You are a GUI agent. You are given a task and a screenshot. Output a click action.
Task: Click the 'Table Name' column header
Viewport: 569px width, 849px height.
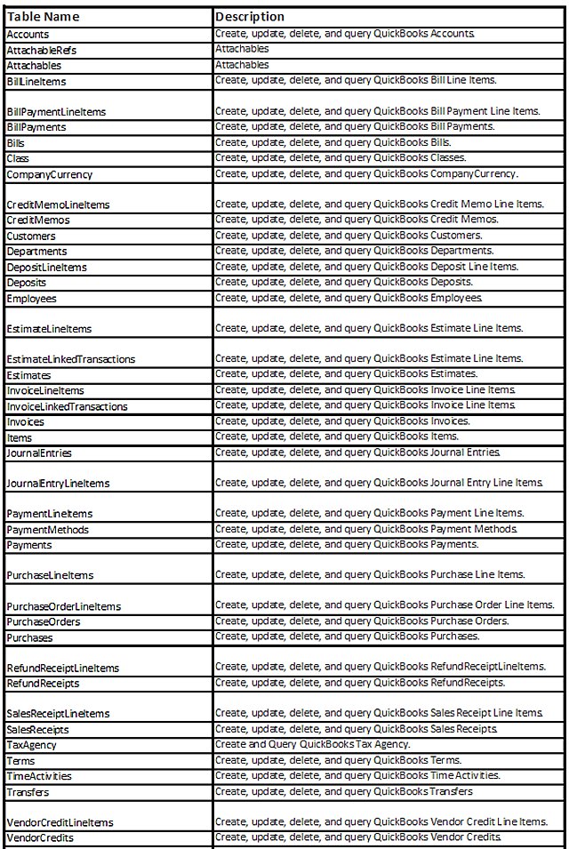43,17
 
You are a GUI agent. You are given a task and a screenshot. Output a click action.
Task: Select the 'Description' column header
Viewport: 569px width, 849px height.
250,17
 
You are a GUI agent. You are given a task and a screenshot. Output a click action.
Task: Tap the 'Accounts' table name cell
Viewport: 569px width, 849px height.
28,34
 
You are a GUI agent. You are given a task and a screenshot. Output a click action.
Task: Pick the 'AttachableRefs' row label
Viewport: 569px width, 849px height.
42,50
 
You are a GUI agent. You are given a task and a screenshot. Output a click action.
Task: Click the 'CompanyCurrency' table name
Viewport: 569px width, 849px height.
49,174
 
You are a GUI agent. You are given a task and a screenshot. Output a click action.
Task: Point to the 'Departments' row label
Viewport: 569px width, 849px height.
36,252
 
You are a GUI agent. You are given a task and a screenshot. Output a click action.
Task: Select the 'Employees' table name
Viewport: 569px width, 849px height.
31,299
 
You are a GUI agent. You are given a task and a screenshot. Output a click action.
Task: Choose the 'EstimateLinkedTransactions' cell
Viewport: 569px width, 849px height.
71,359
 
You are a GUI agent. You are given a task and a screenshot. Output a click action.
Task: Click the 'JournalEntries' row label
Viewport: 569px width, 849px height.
39,453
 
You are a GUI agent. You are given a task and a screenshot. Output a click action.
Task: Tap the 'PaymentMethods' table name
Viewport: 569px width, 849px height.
47,530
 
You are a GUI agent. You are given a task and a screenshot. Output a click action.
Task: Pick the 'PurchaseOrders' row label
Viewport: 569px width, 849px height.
43,622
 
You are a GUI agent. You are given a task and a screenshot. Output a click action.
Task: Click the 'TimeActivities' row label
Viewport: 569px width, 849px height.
39,776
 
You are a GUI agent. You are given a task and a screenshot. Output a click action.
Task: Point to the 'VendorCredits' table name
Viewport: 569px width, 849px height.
40,838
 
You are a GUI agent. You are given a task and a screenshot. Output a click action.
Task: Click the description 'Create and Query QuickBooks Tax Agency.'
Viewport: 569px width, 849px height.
312,744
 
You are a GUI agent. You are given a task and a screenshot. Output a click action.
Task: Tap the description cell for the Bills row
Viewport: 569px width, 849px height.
333,142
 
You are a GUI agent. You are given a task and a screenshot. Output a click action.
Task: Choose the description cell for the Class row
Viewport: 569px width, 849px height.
339,157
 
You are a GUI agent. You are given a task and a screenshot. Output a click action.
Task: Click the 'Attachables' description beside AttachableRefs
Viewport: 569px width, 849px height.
242,49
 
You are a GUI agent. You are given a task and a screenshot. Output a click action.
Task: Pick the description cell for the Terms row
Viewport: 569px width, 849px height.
338,760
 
